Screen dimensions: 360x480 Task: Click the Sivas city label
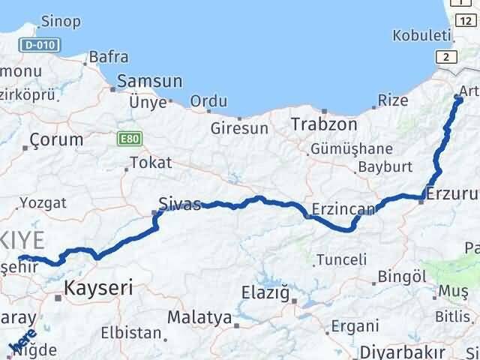coord(180,203)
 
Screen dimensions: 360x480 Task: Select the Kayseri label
coord(98,286)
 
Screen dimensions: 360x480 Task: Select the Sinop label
coord(61,21)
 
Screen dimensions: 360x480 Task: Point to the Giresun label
coord(239,128)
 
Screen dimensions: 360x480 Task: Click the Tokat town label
coord(151,162)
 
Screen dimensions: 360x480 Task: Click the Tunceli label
coord(341,259)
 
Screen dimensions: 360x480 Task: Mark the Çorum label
coord(57,139)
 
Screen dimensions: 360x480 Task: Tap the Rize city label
coord(393,100)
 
